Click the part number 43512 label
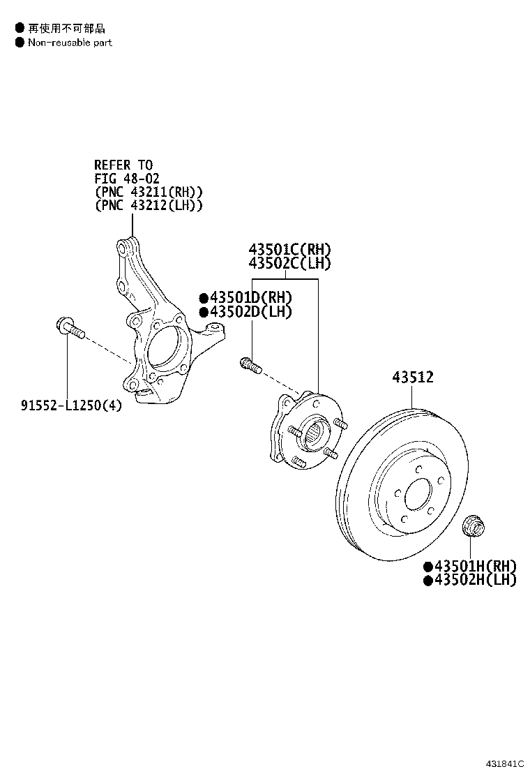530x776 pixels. point(412,378)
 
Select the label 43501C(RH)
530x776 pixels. point(289,250)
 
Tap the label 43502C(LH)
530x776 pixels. point(289,264)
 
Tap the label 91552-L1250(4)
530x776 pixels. point(70,405)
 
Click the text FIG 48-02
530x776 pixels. point(127,179)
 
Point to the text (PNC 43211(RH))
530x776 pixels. point(148,192)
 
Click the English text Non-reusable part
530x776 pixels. point(70,43)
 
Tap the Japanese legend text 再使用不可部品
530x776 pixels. point(66,28)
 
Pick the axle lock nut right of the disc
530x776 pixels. point(474,526)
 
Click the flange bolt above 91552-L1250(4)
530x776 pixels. point(69,327)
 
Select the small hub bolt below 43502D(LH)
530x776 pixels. point(250,365)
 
